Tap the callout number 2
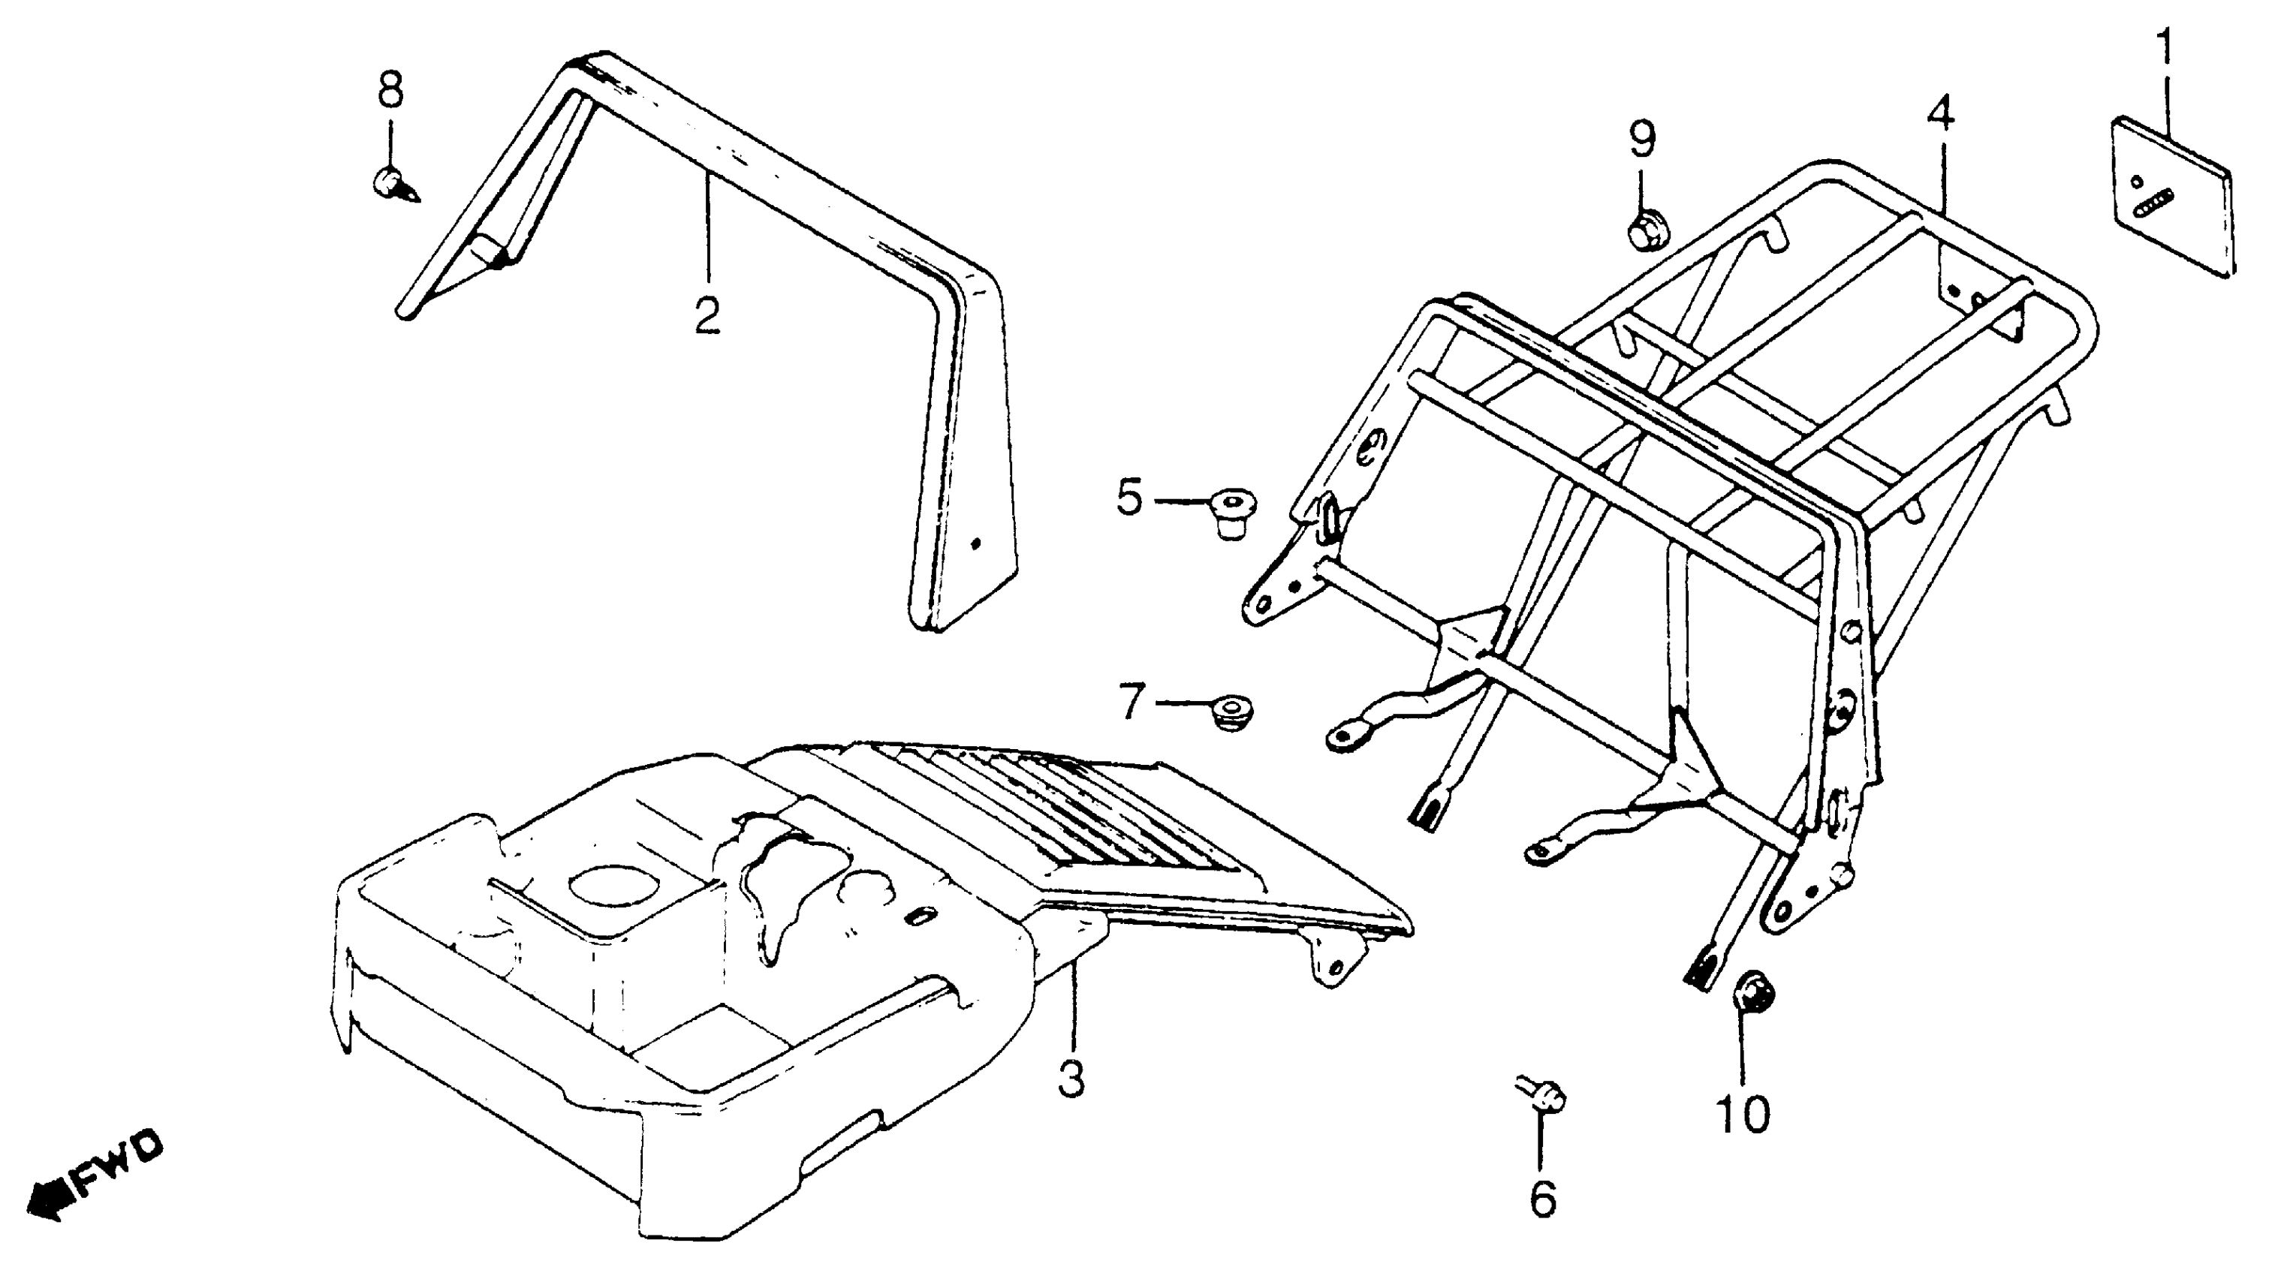(x=707, y=314)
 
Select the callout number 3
(x=1071, y=1078)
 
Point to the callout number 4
(x=1939, y=115)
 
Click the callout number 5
(x=1129, y=498)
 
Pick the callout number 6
(x=1542, y=1198)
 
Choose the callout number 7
(x=1131, y=702)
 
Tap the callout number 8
(x=390, y=90)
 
